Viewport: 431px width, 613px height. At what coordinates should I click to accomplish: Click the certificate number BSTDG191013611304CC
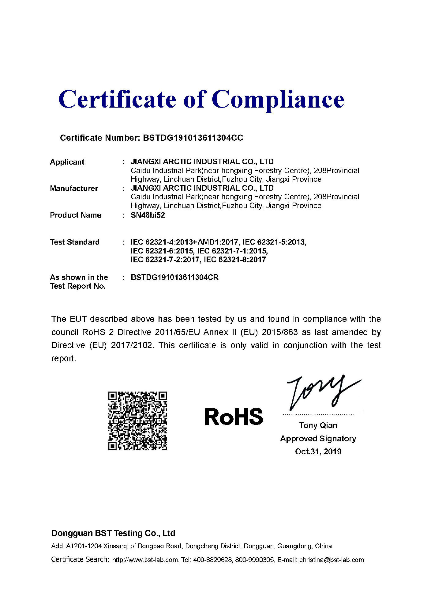pos(193,138)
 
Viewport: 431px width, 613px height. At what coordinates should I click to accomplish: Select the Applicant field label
pos(67,162)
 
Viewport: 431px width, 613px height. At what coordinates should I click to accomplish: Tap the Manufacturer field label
pos(74,188)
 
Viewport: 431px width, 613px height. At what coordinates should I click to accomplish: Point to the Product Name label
pos(76,215)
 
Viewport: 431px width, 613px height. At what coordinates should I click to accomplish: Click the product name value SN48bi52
pos(148,215)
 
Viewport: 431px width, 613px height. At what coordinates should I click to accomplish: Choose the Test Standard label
pos(75,242)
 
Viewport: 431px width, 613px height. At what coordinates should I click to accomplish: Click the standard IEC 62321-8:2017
pos(235,260)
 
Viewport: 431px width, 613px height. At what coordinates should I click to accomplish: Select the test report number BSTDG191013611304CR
pos(174,277)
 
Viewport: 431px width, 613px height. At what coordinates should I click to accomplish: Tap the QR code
pos(137,421)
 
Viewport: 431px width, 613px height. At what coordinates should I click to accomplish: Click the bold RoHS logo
pos(234,417)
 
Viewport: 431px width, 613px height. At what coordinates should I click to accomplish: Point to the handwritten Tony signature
pos(321,392)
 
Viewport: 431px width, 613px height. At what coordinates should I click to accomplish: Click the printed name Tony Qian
pos(318,425)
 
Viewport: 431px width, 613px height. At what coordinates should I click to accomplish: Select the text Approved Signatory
pos(318,439)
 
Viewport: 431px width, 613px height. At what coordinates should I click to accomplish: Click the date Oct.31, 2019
pos(318,451)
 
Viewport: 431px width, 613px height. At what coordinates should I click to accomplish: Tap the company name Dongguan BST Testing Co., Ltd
pos(113,533)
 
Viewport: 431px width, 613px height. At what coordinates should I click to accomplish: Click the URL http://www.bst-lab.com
pos(145,560)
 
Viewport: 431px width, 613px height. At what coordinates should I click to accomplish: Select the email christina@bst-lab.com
pos(332,560)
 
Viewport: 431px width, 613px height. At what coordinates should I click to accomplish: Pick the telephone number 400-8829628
pos(212,560)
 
